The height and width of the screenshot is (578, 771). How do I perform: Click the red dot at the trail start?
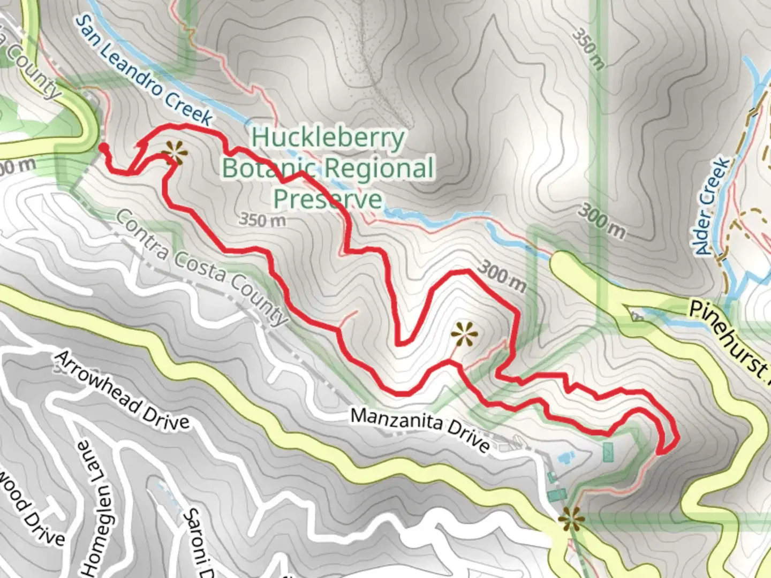point(102,147)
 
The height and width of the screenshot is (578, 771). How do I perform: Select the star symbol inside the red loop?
point(464,335)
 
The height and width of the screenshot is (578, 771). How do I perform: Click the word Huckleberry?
point(328,138)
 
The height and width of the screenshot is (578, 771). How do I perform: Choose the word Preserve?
point(328,199)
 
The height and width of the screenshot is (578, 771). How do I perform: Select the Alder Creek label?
point(714,206)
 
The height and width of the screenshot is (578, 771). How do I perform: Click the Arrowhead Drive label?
point(122,391)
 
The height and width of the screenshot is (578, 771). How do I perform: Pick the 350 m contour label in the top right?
point(588,49)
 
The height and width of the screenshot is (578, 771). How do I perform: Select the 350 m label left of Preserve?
point(262,219)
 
